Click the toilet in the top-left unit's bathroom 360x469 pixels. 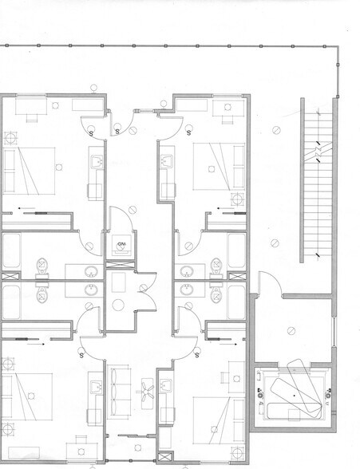pos(42,266)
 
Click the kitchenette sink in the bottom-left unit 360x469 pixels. pos(94,388)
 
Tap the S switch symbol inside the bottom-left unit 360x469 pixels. pos(82,353)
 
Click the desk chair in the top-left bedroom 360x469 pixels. pos(32,116)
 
